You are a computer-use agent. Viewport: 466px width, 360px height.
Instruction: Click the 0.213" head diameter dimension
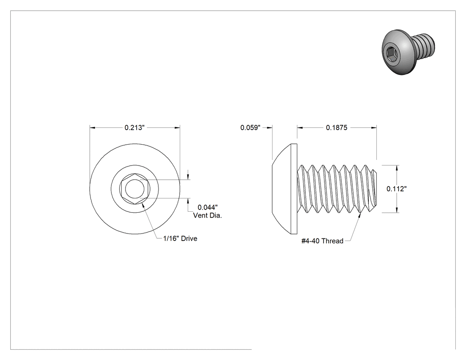coord(134,127)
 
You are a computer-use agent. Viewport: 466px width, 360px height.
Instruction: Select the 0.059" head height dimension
coord(250,127)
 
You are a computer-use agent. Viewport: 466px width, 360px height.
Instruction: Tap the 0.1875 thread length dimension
coord(336,127)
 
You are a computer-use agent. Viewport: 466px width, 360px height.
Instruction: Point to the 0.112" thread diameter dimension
coord(396,189)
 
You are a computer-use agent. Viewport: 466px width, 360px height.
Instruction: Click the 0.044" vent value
coord(208,207)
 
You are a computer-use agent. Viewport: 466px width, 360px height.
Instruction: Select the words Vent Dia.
coord(207,216)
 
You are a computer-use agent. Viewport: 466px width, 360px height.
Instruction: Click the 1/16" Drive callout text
coord(180,238)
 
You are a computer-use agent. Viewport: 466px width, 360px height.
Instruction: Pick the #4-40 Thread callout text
coord(323,241)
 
